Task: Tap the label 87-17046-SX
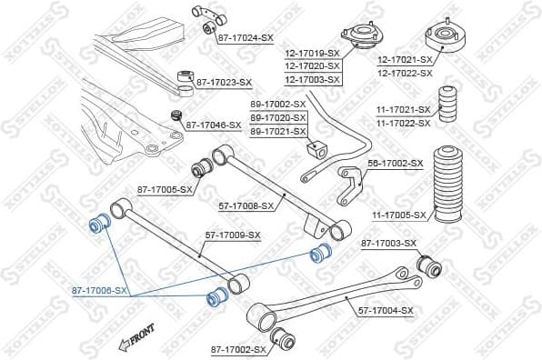point(214,125)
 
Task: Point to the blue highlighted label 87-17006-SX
point(100,291)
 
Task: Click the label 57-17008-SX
point(246,205)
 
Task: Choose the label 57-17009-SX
point(232,235)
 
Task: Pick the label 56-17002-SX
point(396,163)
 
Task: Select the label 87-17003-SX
point(388,243)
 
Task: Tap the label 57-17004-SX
point(386,310)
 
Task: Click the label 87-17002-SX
point(238,349)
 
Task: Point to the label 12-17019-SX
point(311,54)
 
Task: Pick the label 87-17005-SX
point(165,190)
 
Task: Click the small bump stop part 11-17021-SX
point(448,105)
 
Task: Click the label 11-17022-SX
point(404,123)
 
